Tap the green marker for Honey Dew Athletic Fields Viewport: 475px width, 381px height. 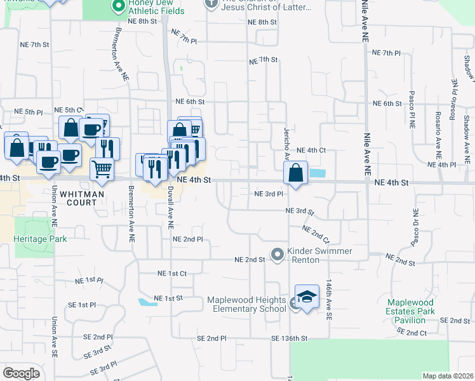pos(117,6)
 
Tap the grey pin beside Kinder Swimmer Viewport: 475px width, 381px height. pos(277,255)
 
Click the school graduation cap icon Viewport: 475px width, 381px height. pos(307,297)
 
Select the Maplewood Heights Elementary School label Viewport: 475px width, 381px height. pos(247,304)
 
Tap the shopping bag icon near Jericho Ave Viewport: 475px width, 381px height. pos(296,173)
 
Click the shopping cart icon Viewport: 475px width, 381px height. pos(102,169)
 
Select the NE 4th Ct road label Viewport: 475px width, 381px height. pos(311,150)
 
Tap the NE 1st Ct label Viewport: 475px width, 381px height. pos(171,273)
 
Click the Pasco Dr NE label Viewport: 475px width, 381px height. pos(415,228)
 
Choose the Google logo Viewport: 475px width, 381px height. pos(22,373)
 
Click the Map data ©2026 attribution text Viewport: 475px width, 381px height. pos(447,376)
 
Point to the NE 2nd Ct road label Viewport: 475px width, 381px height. pos(316,235)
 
